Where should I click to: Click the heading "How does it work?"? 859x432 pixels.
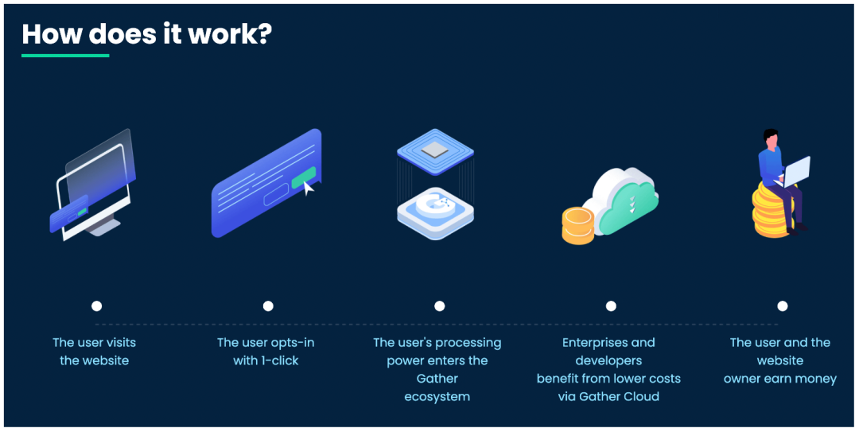coord(146,34)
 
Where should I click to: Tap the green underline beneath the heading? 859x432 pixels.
coord(65,56)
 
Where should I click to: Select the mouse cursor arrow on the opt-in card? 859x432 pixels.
coord(309,187)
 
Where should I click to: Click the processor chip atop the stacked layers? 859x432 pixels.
coord(435,148)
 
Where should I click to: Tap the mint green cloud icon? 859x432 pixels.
coord(624,204)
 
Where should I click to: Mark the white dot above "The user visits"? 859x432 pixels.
coord(97,306)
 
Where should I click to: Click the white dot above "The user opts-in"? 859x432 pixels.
coord(268,306)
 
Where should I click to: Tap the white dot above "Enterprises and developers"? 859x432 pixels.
coord(611,306)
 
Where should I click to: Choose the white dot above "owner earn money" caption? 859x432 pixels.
coord(783,306)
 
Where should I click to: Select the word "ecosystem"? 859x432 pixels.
coord(437,396)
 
